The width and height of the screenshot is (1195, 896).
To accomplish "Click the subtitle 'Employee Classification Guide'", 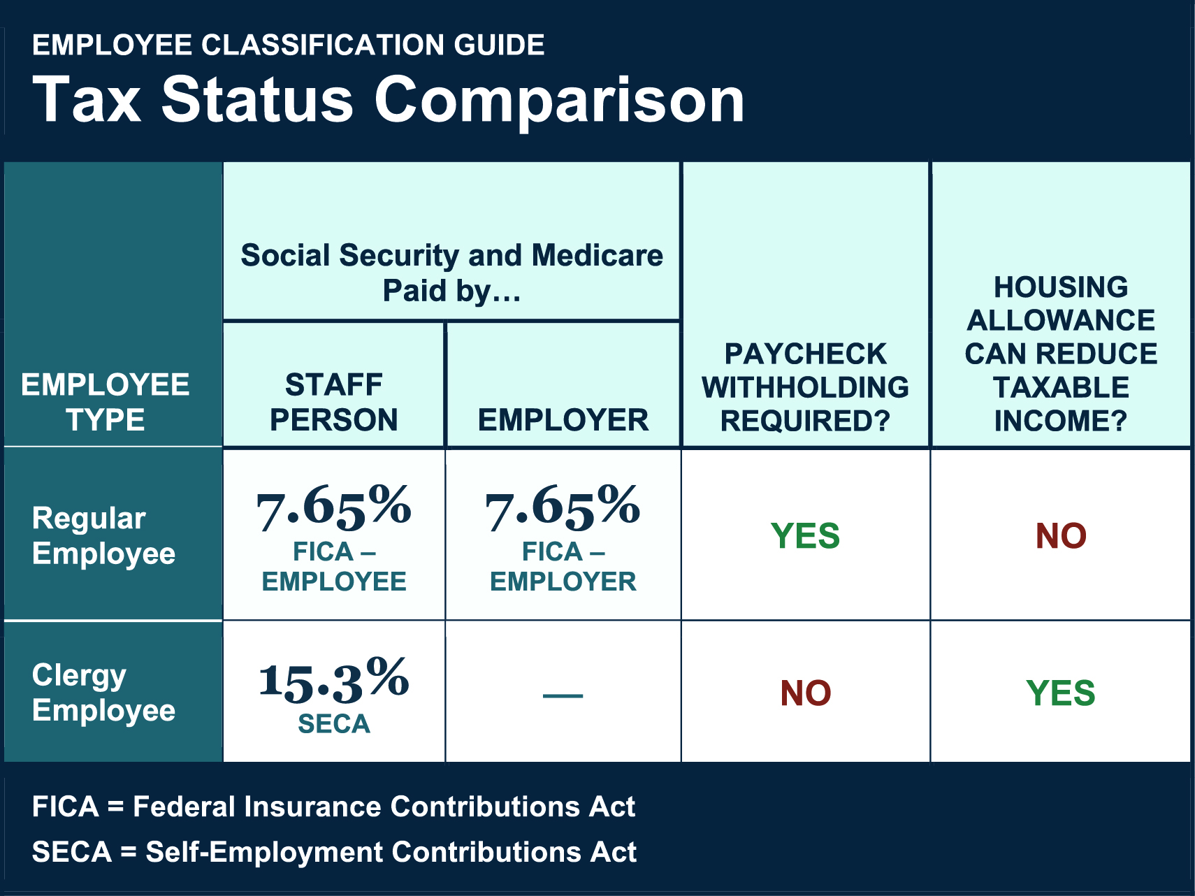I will [288, 45].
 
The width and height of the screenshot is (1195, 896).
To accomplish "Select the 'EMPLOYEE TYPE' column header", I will [106, 402].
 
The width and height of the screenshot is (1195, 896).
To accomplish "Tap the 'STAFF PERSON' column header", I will [333, 402].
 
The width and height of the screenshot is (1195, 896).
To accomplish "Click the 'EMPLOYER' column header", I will [563, 420].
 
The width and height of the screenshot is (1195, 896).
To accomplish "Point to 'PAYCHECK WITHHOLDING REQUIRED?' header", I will [805, 387].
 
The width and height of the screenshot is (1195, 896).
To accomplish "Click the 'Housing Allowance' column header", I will [1060, 354].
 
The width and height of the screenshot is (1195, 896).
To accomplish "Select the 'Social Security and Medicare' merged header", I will [451, 273].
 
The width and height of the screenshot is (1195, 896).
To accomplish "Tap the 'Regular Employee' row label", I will [103, 535].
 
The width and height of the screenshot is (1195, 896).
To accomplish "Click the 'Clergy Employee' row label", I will [103, 692].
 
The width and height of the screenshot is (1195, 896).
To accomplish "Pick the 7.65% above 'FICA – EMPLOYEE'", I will [333, 507].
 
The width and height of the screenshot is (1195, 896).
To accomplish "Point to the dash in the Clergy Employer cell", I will [563, 695].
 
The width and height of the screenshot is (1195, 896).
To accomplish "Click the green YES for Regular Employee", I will [805, 536].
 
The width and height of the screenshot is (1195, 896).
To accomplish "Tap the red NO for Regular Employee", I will [1060, 536].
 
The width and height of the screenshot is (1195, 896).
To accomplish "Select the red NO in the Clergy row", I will [805, 693].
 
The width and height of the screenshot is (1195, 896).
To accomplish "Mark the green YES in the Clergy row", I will [1060, 693].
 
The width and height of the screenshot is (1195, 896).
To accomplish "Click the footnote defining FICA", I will [333, 807].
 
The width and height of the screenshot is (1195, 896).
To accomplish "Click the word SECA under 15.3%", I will [333, 724].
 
